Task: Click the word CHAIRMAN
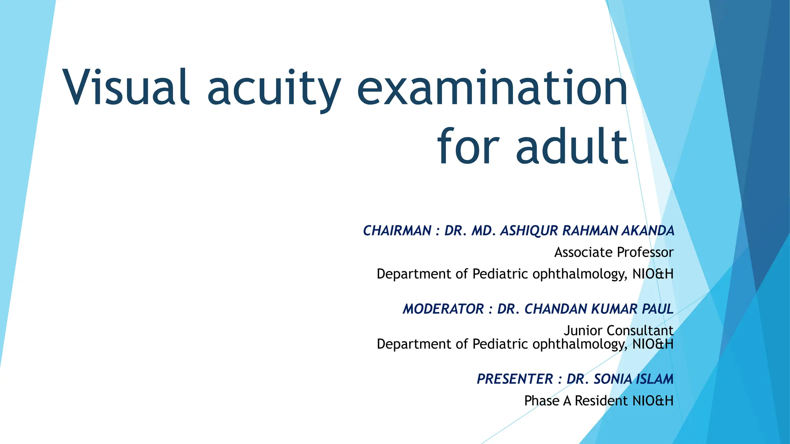pyautogui.click(x=397, y=231)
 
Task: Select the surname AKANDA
pyautogui.click(x=648, y=231)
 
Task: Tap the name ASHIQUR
pyautogui.click(x=529, y=231)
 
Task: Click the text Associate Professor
pyautogui.click(x=614, y=252)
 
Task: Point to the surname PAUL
pyautogui.click(x=657, y=309)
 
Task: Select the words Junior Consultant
pyautogui.click(x=618, y=330)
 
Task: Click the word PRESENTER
pyautogui.click(x=515, y=379)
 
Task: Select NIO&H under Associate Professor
pyautogui.click(x=653, y=274)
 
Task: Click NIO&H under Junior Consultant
pyautogui.click(x=653, y=344)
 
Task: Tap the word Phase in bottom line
pyautogui.click(x=542, y=401)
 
